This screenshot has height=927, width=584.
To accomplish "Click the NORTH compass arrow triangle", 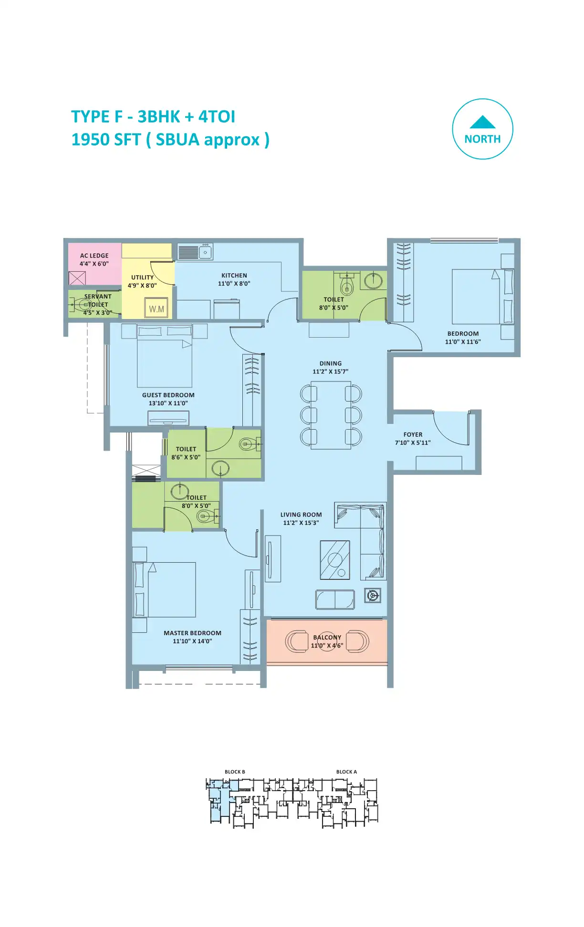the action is [x=482, y=123].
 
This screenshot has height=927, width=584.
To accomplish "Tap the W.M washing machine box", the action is [x=156, y=309].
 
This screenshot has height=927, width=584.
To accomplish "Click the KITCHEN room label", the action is [x=234, y=276].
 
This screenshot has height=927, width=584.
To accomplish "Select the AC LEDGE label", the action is [x=94, y=256].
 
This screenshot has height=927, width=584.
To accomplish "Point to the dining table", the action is [x=331, y=415].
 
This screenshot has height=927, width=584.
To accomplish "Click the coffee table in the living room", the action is [x=335, y=560].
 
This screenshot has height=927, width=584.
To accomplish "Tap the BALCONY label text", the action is [x=327, y=638].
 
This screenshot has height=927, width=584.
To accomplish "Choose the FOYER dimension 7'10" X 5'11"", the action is [x=413, y=443].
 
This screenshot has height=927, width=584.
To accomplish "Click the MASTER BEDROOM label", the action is [x=192, y=633].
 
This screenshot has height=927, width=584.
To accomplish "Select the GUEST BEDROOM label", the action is [x=168, y=395].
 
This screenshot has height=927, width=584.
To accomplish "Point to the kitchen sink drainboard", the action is [x=188, y=252].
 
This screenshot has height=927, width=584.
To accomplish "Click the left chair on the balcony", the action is [x=297, y=641].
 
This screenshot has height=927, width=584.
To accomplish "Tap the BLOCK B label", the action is [x=235, y=772].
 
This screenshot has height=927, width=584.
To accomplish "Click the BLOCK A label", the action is [x=346, y=772].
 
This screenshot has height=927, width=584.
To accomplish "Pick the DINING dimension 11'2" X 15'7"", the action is [x=331, y=371].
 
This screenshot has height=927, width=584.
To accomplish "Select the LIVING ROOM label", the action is [x=301, y=515].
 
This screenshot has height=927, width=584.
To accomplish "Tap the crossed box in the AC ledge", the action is [x=77, y=278].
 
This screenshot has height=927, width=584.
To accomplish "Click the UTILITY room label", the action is [x=143, y=278].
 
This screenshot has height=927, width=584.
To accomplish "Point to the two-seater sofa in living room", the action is [x=335, y=599].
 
